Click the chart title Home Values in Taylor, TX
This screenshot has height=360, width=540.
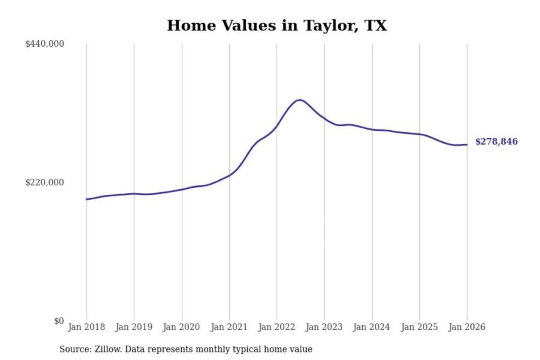pyautogui.click(x=277, y=25)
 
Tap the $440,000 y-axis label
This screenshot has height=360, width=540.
pyautogui.click(x=45, y=44)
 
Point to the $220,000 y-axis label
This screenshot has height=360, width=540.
pyautogui.click(x=45, y=182)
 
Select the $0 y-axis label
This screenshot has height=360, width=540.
pyautogui.click(x=59, y=321)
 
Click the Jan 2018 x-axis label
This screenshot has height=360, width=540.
pyautogui.click(x=86, y=327)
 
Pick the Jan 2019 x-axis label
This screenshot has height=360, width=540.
pyautogui.click(x=134, y=327)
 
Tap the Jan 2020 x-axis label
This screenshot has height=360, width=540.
pyautogui.click(x=181, y=327)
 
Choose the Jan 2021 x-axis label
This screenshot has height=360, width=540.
pyautogui.click(x=229, y=327)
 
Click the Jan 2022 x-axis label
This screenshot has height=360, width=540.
pyautogui.click(x=277, y=327)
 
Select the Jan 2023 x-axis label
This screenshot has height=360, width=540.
pyautogui.click(x=324, y=327)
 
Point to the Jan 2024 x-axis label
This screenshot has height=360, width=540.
pyautogui.click(x=372, y=327)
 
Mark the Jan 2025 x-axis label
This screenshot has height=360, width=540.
pyautogui.click(x=419, y=327)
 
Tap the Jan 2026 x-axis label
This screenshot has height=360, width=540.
pyautogui.click(x=467, y=327)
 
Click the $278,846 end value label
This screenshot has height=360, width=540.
pyautogui.click(x=496, y=141)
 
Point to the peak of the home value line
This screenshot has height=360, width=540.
pyautogui.click(x=299, y=100)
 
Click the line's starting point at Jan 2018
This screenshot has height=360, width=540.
pyautogui.click(x=87, y=199)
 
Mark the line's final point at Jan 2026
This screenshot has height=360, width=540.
pyautogui.click(x=467, y=145)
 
